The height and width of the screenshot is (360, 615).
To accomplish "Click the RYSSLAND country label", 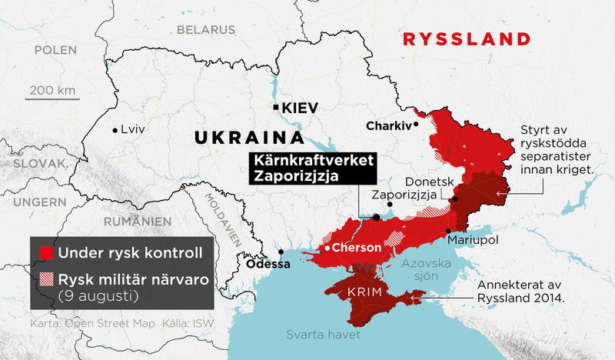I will coord(467,39).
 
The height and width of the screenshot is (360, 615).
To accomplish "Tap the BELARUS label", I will coord(206,30).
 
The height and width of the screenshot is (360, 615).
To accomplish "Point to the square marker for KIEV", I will coord(275,108).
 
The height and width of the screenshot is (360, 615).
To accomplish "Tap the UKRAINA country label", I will coord(248,138).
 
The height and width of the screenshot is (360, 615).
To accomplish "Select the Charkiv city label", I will coord(388,124).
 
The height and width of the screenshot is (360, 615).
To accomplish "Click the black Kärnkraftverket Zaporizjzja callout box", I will coord(311,168).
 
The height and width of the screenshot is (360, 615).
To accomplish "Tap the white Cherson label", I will coord(355,248).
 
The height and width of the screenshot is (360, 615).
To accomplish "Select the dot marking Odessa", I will coord(282,252).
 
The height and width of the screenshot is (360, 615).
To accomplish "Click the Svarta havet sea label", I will coord(316,335).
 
